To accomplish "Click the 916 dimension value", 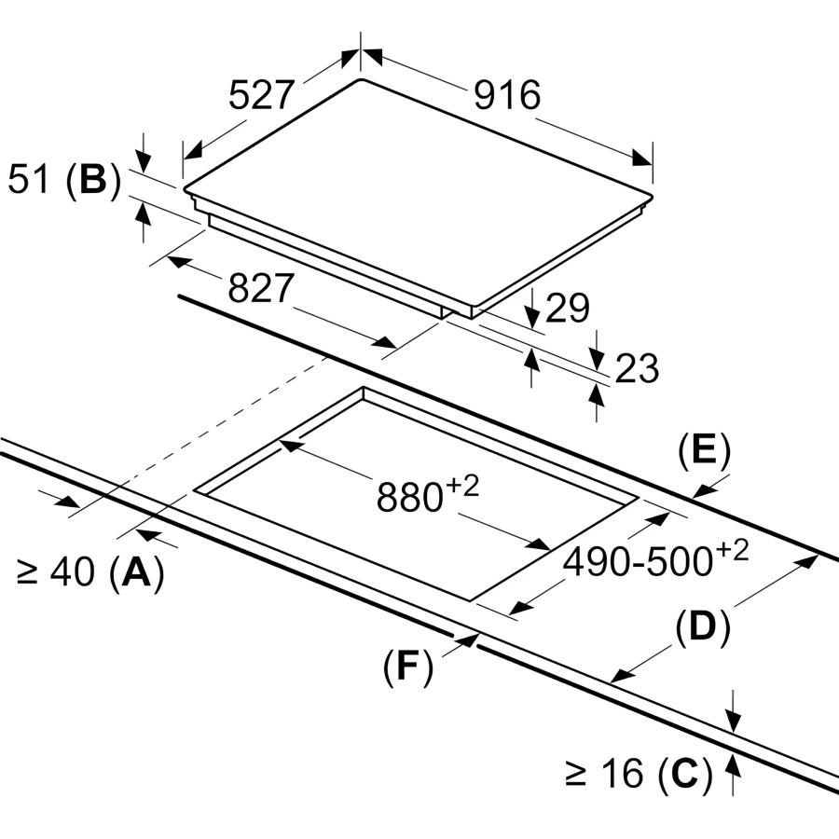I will pos(506,95).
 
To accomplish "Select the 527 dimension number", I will pos(262,95).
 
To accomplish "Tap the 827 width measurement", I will pos(261,289).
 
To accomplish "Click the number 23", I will pos(636,369).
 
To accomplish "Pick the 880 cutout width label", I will pos(408,498).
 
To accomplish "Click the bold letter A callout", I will pos(136,571).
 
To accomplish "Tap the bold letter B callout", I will pos(92,180).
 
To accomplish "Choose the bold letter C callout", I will pos(684,773).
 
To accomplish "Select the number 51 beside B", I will pos(28,180).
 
